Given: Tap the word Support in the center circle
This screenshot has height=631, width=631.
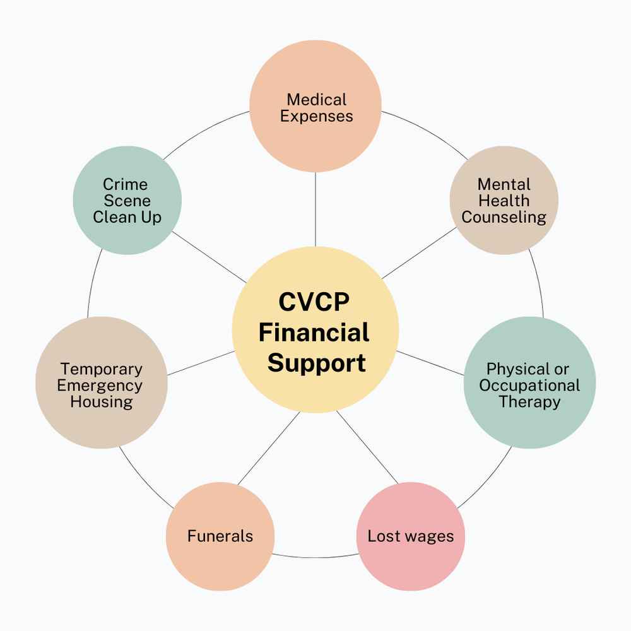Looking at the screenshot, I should click(316, 363).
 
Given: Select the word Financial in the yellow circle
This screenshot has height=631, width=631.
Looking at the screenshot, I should click(314, 333).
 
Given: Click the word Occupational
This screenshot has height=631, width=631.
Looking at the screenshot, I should click(529, 386).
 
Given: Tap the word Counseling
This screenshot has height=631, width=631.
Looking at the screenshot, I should click(504, 217).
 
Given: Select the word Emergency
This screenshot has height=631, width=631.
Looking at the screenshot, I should click(102, 386).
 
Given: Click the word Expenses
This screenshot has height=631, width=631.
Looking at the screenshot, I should click(316, 116).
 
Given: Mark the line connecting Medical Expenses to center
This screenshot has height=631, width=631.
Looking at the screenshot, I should click(315, 208).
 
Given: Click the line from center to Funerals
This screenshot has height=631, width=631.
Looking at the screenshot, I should click(268, 448).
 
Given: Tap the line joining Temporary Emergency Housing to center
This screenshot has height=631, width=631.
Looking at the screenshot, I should click(201, 363).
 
